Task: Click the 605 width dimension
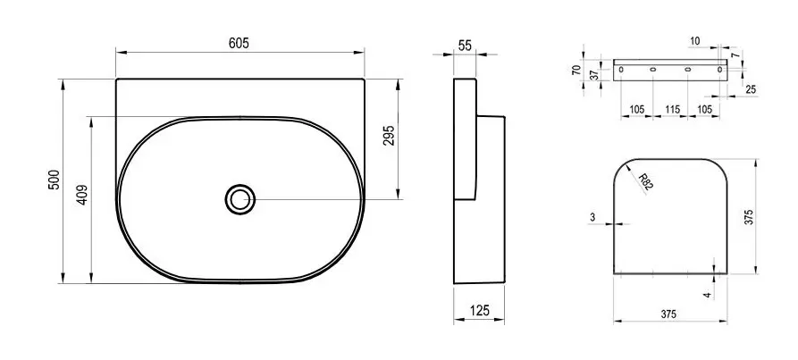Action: coord(239,43)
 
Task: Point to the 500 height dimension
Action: coord(54,180)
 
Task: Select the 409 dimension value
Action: coord(82,195)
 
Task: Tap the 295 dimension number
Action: coord(389,136)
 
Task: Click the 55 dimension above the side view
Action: coord(465,46)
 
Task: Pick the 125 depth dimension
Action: coord(479,310)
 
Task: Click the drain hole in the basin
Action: coord(239,199)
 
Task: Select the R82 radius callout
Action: coord(645,182)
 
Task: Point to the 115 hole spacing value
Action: coord(672,110)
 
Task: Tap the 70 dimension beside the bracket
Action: coord(575,71)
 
